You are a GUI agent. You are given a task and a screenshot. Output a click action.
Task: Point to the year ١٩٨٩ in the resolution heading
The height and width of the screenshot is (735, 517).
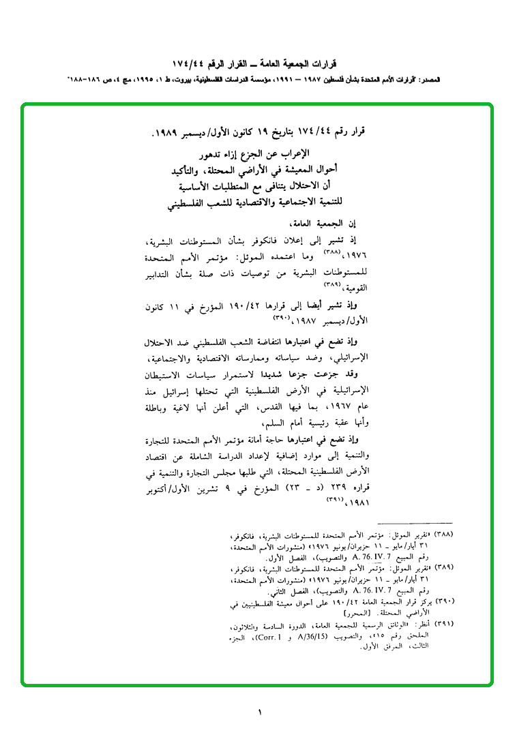click(x=167, y=130)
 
